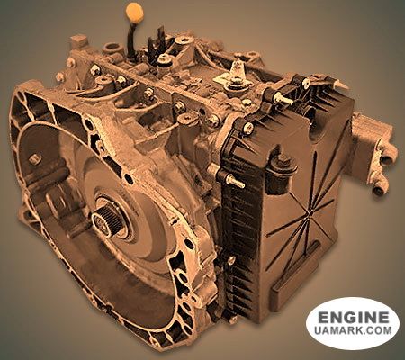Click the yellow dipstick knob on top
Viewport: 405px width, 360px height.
tap(135, 13)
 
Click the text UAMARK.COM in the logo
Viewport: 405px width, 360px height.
tap(352, 334)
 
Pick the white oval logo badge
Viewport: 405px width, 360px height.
tap(352, 324)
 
